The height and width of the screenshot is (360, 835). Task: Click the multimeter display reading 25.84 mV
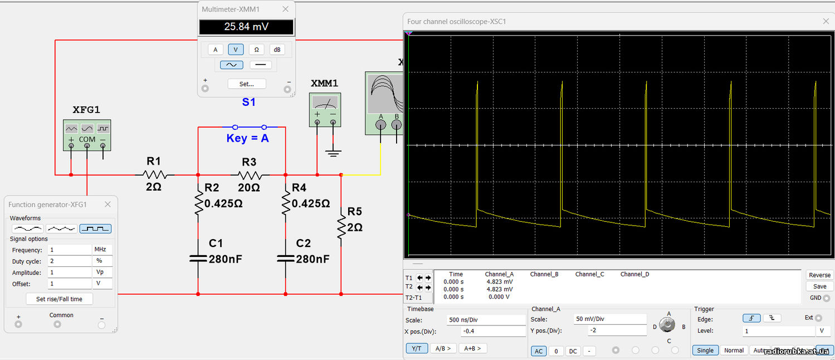pyautogui.click(x=246, y=27)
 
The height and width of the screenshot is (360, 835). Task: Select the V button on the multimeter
pyautogui.click(x=236, y=50)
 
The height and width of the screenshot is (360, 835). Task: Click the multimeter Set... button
pyautogui.click(x=246, y=84)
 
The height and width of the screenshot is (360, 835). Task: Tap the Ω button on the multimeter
pyautogui.click(x=256, y=50)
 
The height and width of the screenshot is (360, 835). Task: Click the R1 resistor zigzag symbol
pyautogui.click(x=154, y=174)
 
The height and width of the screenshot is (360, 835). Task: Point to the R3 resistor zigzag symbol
pyautogui.click(x=250, y=174)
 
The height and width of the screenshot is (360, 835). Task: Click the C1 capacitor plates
pyautogui.click(x=198, y=259)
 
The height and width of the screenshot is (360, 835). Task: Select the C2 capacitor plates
pyautogui.click(x=286, y=259)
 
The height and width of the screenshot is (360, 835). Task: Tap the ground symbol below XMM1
pyautogui.click(x=333, y=153)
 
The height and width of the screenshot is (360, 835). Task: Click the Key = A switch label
pyautogui.click(x=247, y=138)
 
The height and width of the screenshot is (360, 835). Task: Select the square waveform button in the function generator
pyautogui.click(x=95, y=228)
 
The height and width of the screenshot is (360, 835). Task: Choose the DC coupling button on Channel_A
pyautogui.click(x=573, y=351)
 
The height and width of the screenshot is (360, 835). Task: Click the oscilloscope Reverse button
pyautogui.click(x=819, y=275)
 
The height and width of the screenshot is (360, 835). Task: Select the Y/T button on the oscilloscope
pyautogui.click(x=416, y=348)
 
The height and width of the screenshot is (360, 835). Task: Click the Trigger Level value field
pyautogui.click(x=778, y=331)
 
